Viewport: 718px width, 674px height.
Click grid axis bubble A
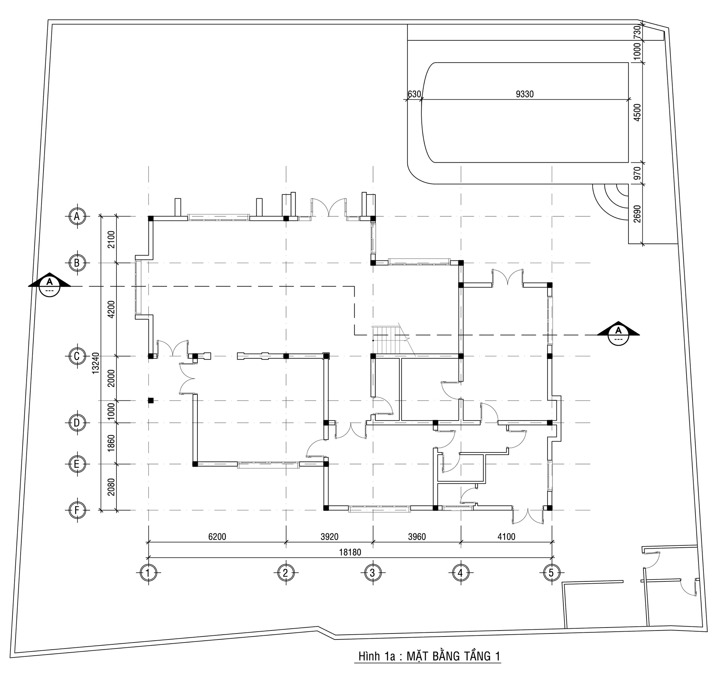[77, 216]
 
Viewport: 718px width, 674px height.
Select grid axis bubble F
[77, 510]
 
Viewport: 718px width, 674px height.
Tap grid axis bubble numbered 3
[372, 573]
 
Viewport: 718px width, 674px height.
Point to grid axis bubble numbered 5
[551, 573]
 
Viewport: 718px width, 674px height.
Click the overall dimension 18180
[351, 552]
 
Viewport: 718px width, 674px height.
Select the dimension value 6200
[217, 536]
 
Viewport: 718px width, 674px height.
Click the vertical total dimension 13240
[96, 362]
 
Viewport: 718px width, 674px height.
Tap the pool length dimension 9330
[524, 94]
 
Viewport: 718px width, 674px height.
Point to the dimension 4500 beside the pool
[637, 112]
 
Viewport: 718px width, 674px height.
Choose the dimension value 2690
[637, 214]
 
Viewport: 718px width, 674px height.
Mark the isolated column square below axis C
[151, 400]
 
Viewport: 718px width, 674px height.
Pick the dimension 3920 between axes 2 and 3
[329, 536]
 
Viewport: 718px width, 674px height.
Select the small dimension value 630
[414, 94]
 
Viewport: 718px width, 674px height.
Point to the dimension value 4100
[506, 536]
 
